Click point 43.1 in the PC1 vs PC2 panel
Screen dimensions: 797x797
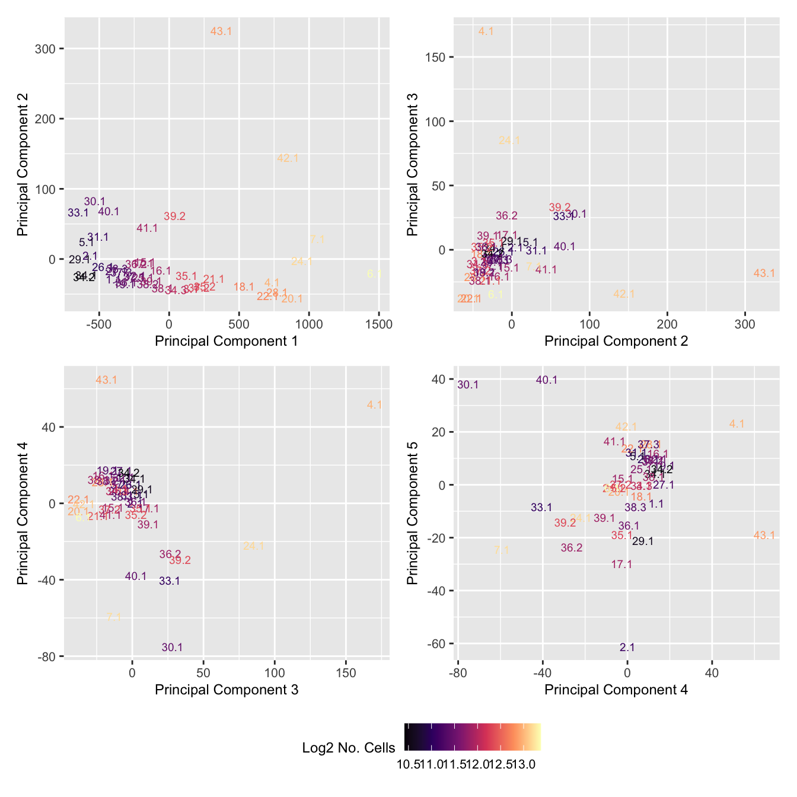click(221, 31)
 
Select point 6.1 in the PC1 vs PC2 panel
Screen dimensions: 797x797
click(374, 274)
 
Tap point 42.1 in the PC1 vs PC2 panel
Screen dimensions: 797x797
click(288, 158)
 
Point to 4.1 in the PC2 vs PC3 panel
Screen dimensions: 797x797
click(486, 31)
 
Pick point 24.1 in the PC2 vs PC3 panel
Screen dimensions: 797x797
click(509, 141)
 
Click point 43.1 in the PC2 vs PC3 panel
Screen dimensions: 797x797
click(764, 273)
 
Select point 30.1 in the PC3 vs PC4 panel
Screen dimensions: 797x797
click(172, 648)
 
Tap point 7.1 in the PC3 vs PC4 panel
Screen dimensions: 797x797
click(114, 617)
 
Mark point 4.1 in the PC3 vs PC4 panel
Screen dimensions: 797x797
click(374, 405)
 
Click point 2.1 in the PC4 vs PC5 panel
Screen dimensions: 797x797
click(627, 648)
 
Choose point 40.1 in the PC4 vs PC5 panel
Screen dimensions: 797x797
click(547, 380)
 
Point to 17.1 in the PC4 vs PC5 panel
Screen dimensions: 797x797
click(621, 565)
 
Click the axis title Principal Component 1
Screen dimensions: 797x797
click(226, 341)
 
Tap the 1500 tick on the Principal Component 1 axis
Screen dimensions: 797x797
click(379, 324)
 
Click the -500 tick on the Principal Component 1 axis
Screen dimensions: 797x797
click(99, 324)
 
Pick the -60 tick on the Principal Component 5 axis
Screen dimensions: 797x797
click(438, 644)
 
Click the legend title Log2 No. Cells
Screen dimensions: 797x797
click(349, 748)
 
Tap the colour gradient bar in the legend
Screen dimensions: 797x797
click(473, 737)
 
